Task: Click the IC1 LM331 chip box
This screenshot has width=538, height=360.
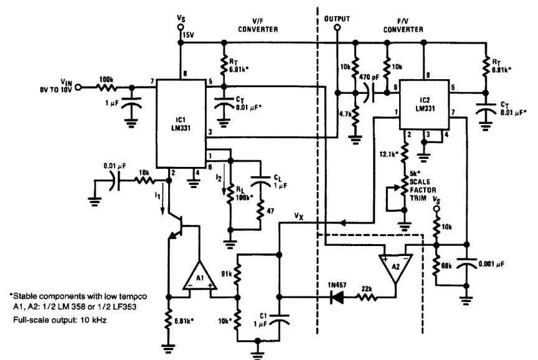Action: pyautogui.click(x=181, y=123)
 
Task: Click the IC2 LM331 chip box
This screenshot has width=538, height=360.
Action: pyautogui.click(x=425, y=105)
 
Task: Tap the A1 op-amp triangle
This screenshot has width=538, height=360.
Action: pyautogui.click(x=200, y=277)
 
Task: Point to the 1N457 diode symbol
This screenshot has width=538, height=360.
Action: pyautogui.click(x=337, y=297)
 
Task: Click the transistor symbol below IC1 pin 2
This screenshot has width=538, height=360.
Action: pyautogui.click(x=176, y=225)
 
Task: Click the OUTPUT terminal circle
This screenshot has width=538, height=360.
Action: pyautogui.click(x=337, y=28)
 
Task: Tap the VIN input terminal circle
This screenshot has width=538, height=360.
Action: pyautogui.click(x=78, y=88)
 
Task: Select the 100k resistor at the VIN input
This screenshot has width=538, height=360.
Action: pyautogui.click(x=106, y=88)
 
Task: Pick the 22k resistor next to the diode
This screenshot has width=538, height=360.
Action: pyautogui.click(x=367, y=297)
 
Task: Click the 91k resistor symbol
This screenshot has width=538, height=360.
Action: pyautogui.click(x=237, y=274)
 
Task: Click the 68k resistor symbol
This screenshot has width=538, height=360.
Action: pyautogui.click(x=437, y=265)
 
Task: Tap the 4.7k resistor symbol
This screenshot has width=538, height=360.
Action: pyautogui.click(x=356, y=114)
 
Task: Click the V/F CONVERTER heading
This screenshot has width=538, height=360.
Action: pyautogui.click(x=258, y=26)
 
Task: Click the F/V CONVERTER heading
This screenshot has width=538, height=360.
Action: pyautogui.click(x=403, y=26)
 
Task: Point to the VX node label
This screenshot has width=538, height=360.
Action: pyautogui.click(x=299, y=216)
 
